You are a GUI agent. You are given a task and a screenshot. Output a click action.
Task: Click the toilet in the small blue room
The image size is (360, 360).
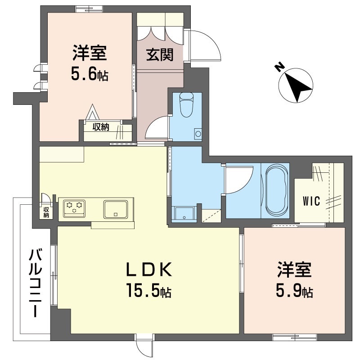click(185, 104)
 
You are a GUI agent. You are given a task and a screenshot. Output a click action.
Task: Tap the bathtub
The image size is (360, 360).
click(275, 191)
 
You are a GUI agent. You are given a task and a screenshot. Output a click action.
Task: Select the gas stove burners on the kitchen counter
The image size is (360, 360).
click(74, 207)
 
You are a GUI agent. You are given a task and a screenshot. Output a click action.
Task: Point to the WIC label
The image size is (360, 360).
click(311, 201)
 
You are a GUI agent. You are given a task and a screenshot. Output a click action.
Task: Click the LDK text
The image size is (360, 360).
click(148, 270)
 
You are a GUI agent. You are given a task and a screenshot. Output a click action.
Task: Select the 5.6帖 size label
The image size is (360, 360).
click(89, 74)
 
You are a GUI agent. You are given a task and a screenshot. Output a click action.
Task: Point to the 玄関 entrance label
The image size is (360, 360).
click(159, 55)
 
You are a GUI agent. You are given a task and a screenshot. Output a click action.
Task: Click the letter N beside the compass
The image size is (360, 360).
click(279, 67)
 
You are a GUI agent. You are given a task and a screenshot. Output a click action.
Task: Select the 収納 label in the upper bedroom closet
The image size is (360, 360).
click(101, 127)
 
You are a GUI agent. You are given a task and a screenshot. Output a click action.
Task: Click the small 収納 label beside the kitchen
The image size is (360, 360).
click(46, 211)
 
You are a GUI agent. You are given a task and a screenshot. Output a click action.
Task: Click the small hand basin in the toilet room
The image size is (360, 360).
click(198, 133)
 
